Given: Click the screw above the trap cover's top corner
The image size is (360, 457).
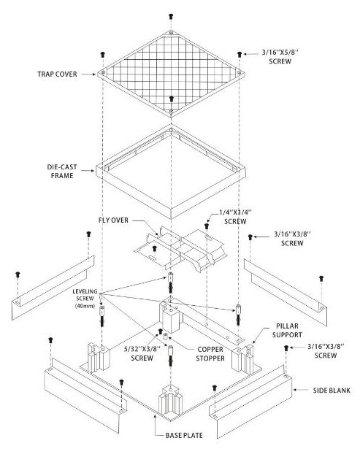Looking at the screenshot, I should click(170, 15).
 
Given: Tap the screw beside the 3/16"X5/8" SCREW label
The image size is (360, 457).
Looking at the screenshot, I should click(240, 53).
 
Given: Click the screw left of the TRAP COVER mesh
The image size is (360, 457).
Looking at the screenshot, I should click(100, 53).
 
